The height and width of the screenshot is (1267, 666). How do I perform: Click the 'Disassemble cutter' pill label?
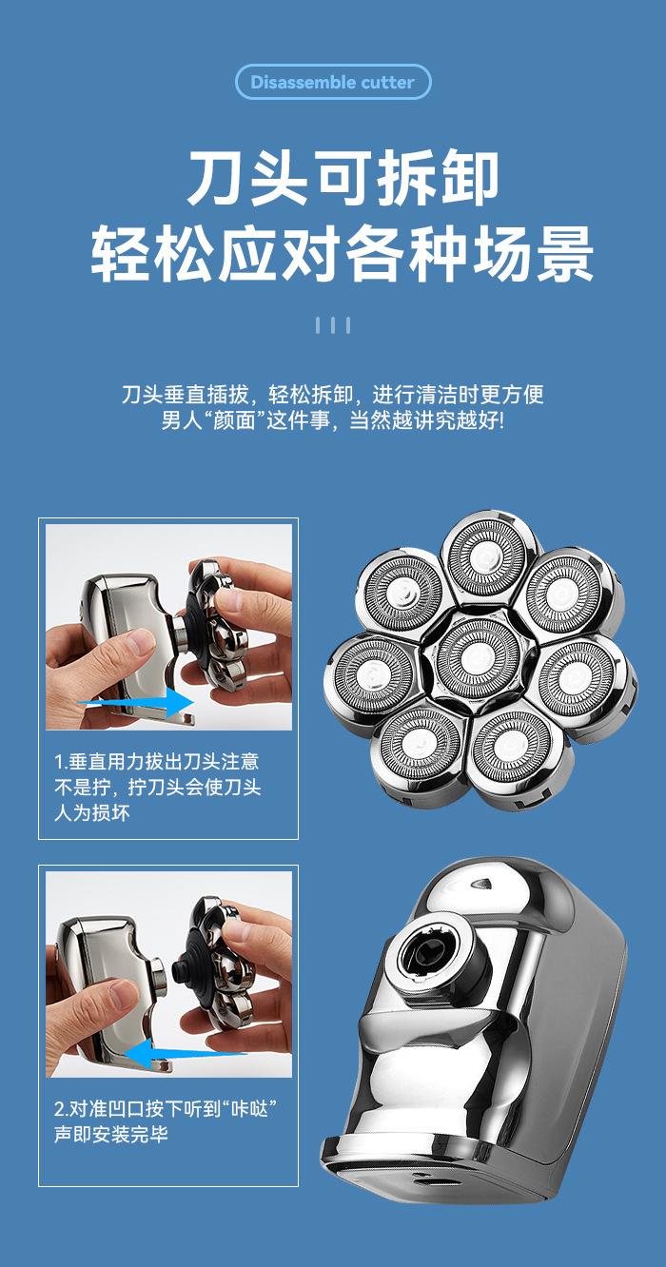pos(333,82)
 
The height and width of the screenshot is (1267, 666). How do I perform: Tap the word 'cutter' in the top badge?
pos(387,82)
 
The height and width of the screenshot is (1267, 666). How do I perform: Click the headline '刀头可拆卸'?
pos(343,178)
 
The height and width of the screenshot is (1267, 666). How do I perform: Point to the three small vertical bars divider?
pos(333,325)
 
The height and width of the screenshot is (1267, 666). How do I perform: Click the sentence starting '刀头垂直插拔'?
pos(333,394)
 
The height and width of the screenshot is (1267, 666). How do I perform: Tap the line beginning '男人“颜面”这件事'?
pos(333,420)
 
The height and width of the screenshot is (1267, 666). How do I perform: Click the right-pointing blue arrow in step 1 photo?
pos(136,702)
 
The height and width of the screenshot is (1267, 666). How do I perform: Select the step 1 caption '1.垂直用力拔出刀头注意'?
pos(157,762)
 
